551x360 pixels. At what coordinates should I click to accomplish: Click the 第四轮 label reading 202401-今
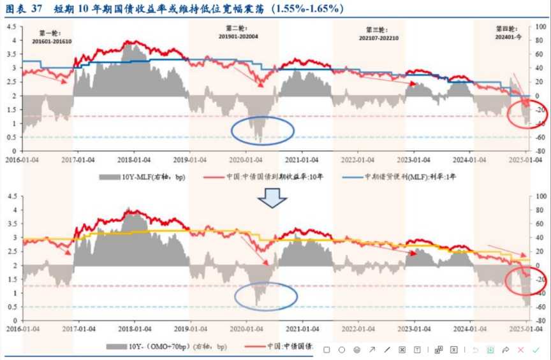coord(508,32)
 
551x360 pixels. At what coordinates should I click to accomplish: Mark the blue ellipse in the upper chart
coord(262,130)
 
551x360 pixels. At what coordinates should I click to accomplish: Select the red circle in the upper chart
coord(526,115)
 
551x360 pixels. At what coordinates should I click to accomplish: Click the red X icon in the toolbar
coord(521,350)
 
